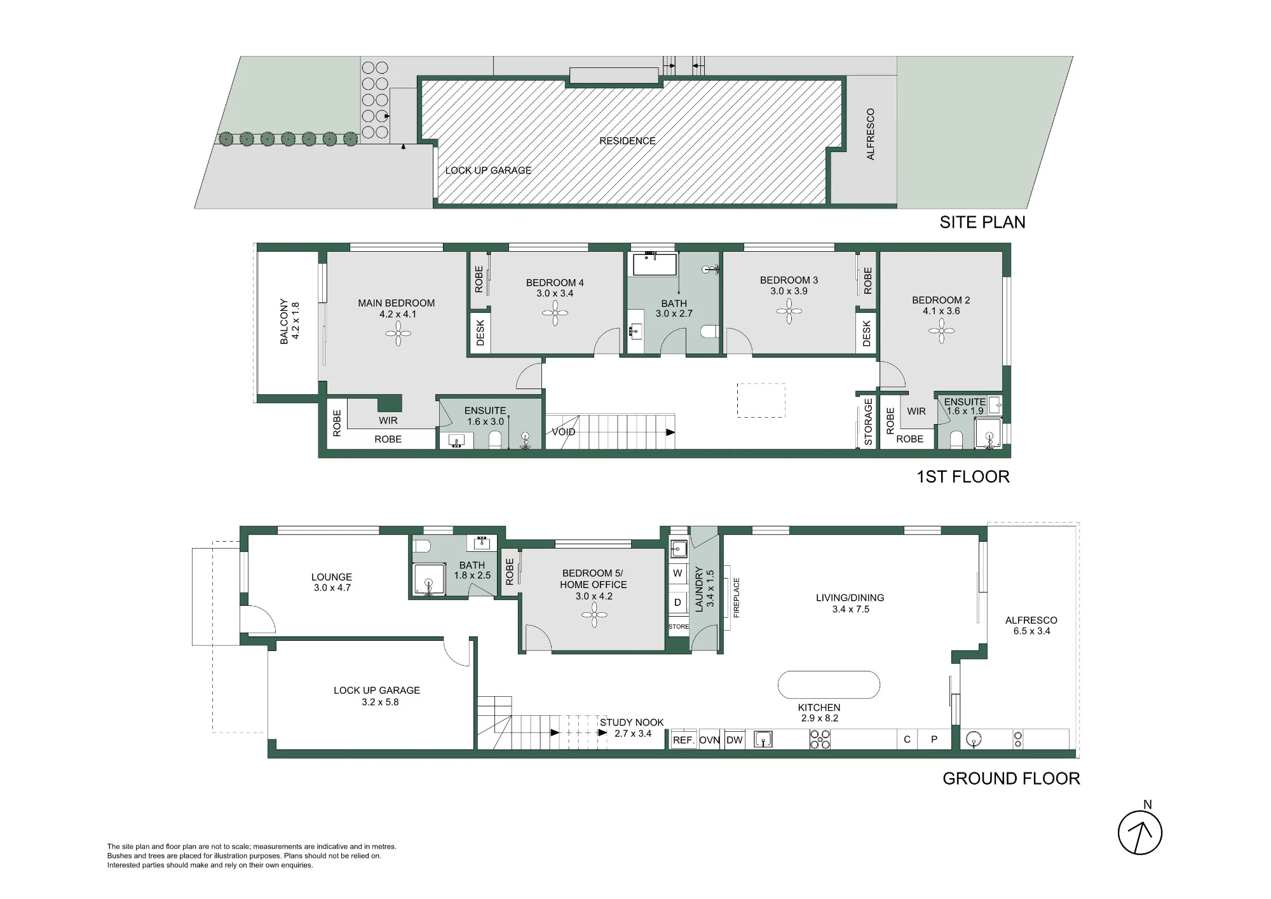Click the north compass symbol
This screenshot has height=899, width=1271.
[1140, 832]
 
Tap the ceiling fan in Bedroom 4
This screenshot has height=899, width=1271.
[555, 313]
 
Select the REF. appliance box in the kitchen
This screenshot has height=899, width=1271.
[684, 739]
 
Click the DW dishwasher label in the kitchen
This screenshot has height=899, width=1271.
[735, 740]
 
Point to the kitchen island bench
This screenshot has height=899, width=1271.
[829, 685]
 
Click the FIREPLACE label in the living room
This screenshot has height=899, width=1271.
[737, 598]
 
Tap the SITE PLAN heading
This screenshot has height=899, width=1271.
[982, 223]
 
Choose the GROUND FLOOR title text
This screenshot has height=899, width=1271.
[1011, 779]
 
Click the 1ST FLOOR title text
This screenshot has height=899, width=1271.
[963, 477]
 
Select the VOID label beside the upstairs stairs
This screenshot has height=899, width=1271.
[563, 432]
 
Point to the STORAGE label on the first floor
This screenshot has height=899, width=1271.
[869, 422]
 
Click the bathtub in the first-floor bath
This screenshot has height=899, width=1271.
[652, 264]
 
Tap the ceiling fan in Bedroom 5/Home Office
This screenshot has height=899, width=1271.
[594, 615]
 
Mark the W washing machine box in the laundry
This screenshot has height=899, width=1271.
[678, 573]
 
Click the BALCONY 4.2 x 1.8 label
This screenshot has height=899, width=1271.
[289, 322]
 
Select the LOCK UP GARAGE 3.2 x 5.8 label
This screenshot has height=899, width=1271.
[377, 696]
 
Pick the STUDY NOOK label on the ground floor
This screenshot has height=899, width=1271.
[632, 722]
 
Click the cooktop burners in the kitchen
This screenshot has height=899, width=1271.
[820, 739]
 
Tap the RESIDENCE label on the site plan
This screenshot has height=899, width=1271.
[627, 141]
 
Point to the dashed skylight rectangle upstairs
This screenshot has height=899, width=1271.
[761, 401]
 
